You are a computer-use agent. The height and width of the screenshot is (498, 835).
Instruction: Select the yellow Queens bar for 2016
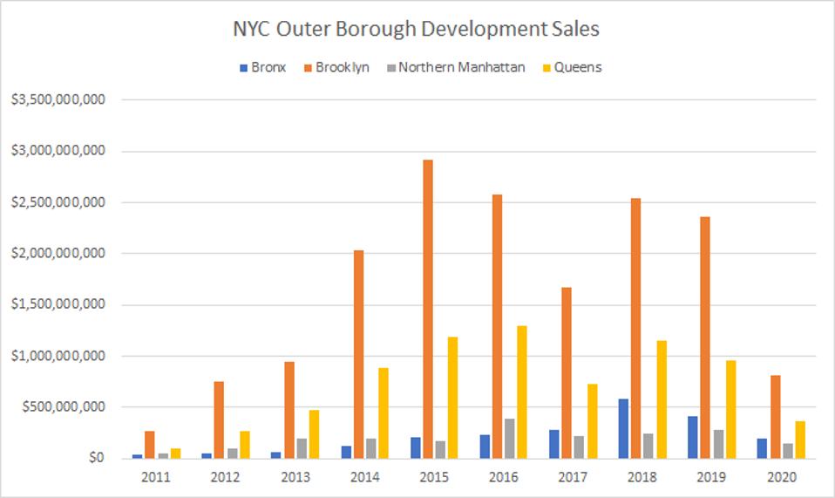(x=521, y=392)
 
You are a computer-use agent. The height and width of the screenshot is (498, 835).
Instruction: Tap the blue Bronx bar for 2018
(x=623, y=428)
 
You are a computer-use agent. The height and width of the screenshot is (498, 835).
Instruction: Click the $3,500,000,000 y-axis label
(x=58, y=100)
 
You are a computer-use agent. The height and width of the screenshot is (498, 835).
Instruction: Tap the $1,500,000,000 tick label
(x=58, y=304)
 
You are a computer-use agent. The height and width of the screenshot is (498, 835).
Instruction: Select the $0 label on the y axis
(x=95, y=458)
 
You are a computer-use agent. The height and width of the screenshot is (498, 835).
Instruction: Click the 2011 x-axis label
(x=157, y=477)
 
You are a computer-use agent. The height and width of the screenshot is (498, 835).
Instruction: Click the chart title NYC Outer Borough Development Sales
(x=417, y=29)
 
